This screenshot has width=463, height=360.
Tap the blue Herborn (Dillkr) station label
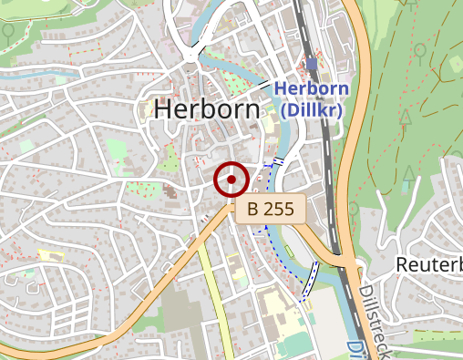pos(312,99)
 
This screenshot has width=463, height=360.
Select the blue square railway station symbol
pos(313,64)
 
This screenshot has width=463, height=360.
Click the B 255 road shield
pos(271,209)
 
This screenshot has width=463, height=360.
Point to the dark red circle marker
pos(231,180)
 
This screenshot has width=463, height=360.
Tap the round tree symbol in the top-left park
pos(9,29)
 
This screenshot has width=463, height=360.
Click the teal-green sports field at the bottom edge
pos(294,345)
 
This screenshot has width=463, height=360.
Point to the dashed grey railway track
pos(325,137)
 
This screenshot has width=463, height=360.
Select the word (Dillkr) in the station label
pos(311,109)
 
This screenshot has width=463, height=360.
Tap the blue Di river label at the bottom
pos(354,350)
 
